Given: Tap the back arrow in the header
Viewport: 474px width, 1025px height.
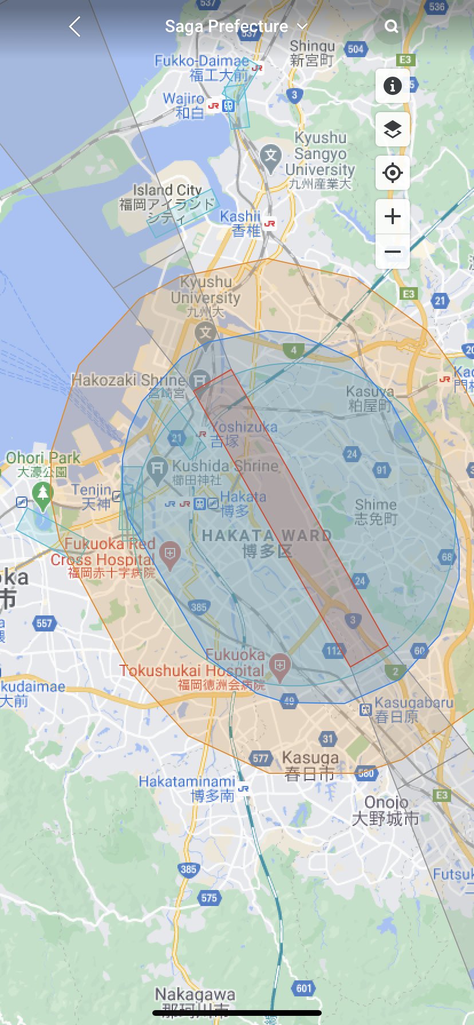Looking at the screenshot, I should point(75,26).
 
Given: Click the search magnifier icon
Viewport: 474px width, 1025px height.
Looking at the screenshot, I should point(392,26).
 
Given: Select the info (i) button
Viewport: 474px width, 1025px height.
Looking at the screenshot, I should point(392,86).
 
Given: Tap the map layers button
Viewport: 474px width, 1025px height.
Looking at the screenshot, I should point(392,129).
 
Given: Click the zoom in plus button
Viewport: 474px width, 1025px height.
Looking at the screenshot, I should point(392,216).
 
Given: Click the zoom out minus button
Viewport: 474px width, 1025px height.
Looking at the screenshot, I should point(392,252).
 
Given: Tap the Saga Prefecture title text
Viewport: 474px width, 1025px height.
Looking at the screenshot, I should point(227,26).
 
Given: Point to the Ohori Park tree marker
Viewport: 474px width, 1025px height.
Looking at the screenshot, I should point(42,492).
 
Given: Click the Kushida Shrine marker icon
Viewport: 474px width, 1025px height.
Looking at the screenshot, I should point(156,467).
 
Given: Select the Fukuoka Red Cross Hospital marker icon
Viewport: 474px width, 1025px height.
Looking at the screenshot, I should point(170,554).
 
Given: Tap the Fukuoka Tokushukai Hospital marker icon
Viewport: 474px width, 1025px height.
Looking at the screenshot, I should point(280,666).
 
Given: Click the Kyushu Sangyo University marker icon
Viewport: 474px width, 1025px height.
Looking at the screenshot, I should point(270,156).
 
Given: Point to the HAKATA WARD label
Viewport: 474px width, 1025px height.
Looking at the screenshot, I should point(267,536).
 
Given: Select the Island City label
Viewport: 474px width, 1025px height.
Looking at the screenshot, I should point(167,189).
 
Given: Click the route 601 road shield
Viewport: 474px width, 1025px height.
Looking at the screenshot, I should point(304,988).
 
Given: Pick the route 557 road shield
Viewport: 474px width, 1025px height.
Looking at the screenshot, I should point(44,623).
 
